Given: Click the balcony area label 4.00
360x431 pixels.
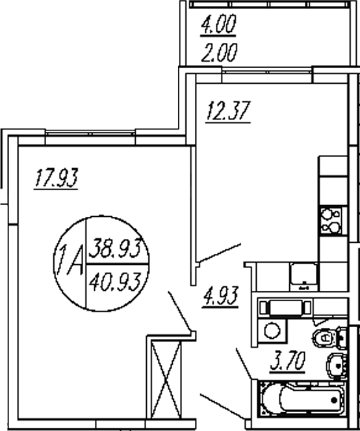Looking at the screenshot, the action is coord(218,24).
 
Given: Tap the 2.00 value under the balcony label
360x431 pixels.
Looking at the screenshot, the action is coord(219,53).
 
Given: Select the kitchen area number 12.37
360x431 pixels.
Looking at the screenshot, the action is coord(228,111).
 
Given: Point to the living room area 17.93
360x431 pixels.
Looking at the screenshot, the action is coord(56,178).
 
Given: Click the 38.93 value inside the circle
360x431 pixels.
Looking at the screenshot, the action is coord(115,248).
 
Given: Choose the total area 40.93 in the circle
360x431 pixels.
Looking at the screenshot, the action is coord(115,282).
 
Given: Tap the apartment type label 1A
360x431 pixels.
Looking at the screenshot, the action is coord(70,260).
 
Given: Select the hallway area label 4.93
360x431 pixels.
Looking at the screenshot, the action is coord(220,295).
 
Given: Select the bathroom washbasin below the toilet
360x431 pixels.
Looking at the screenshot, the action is coord(337,366).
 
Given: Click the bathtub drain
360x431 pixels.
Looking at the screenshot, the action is coord(335,400).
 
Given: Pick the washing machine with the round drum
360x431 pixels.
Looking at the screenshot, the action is coord(272,330).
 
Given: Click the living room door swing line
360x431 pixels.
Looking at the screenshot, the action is coord(180,312).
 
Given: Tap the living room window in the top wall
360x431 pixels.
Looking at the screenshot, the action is coord(90,134).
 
